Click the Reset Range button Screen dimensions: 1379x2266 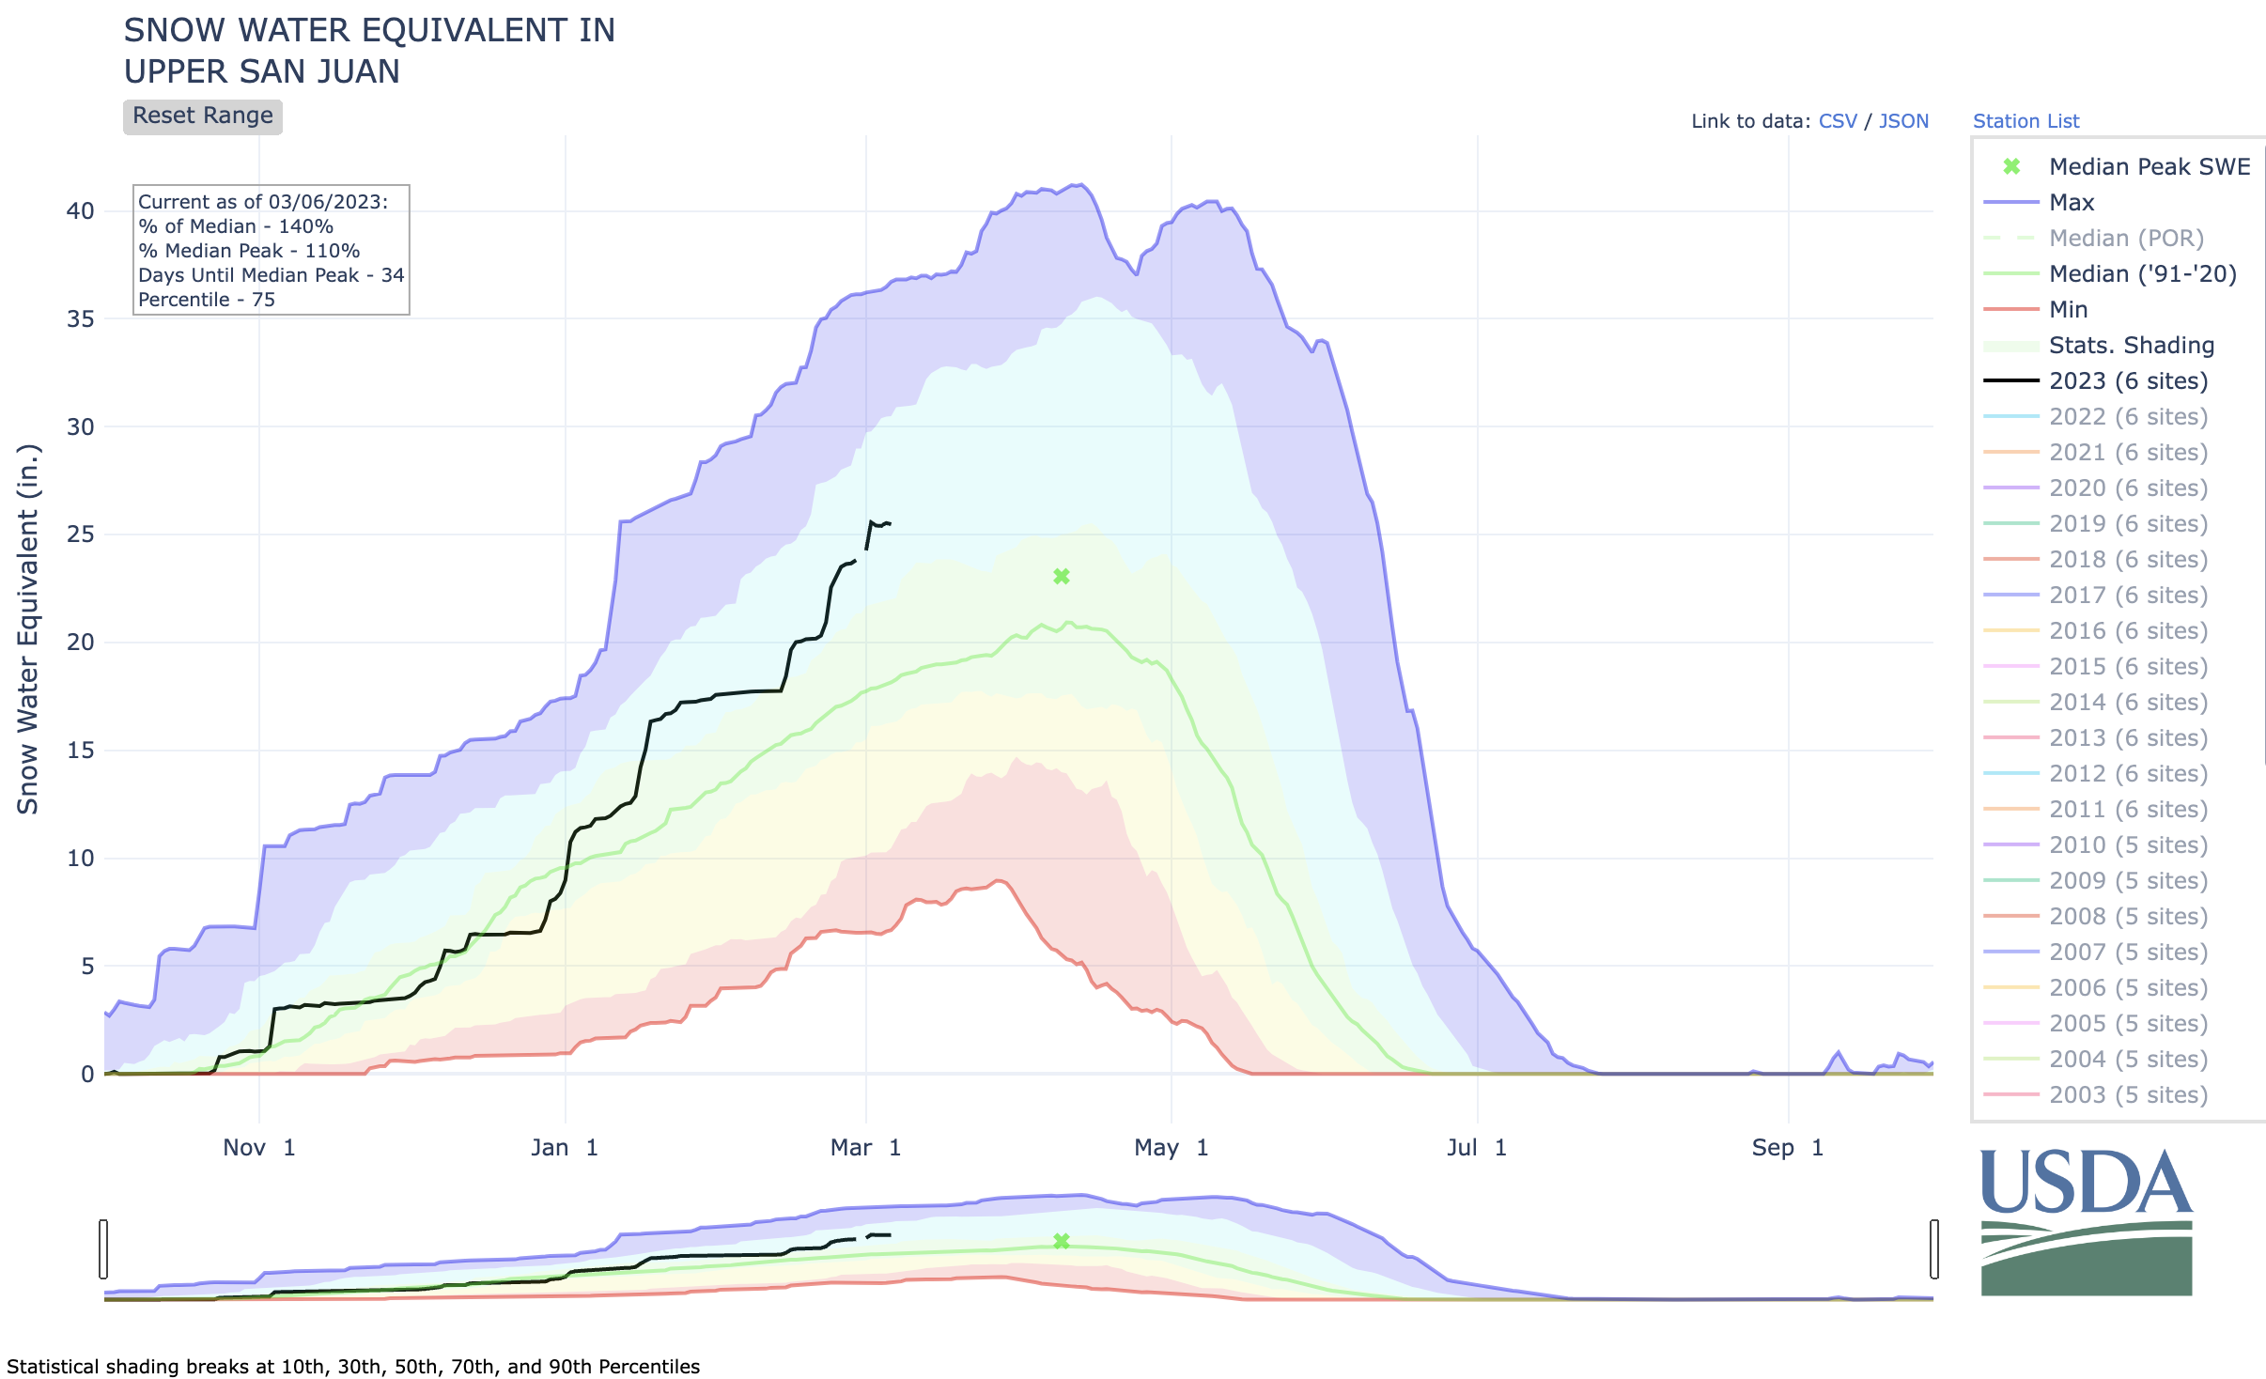202,116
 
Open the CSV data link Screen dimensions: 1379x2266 1837,121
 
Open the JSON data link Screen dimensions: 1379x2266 1903,121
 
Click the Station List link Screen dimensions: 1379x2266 2025,121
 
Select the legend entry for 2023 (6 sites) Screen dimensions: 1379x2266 2127,380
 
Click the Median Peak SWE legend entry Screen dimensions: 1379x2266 2149,166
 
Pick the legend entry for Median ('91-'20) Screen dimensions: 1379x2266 2142,273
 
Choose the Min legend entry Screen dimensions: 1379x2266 2068,309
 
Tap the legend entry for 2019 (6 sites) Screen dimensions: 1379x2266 2127,523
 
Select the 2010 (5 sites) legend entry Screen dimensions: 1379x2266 2127,844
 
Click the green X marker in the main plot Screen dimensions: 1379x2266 1062,577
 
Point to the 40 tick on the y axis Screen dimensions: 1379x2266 81,210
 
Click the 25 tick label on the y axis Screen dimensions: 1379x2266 81,535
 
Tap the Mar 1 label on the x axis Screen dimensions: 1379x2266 865,1147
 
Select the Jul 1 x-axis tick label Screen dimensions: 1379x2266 1476,1147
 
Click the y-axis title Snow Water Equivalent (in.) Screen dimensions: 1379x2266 28,629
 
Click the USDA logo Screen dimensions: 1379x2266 2086,1221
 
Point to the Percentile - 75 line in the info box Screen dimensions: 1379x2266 207,300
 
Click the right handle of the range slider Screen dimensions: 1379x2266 1934,1248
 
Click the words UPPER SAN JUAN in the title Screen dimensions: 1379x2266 262,71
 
